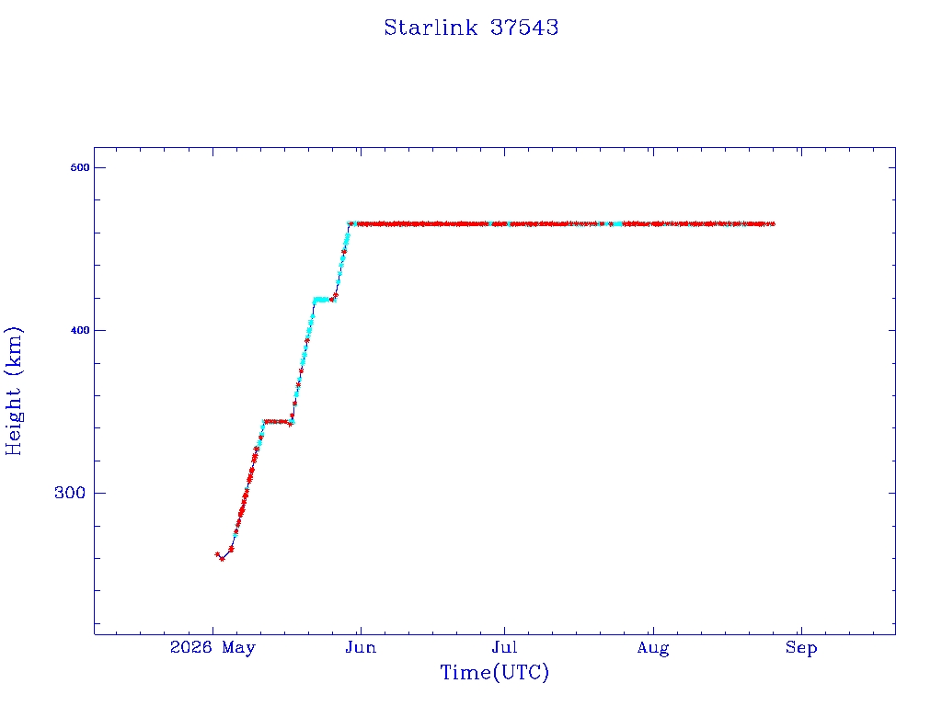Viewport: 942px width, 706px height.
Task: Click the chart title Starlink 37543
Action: tap(471, 28)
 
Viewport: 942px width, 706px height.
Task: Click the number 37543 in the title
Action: tap(523, 28)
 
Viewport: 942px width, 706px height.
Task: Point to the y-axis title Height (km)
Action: tap(13, 391)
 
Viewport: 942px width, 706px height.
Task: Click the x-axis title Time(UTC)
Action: tap(494, 672)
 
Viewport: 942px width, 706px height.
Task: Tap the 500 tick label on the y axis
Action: tap(80, 167)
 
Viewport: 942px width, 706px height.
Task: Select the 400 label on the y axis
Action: tap(80, 330)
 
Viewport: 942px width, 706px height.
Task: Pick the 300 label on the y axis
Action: tap(70, 493)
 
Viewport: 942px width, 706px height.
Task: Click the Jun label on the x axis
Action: tap(361, 648)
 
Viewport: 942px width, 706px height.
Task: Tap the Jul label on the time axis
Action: tap(504, 648)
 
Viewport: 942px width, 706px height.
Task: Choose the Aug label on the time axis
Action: tap(653, 648)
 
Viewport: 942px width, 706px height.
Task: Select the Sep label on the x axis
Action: tap(801, 648)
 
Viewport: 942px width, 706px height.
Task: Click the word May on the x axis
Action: tap(238, 648)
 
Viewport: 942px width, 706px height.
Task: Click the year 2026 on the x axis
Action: tap(191, 647)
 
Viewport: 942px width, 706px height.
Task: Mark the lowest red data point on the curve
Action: tap(223, 559)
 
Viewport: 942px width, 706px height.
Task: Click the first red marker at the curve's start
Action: tap(217, 554)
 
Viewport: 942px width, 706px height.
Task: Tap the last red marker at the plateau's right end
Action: tap(773, 224)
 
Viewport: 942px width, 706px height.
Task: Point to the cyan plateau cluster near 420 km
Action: tap(321, 300)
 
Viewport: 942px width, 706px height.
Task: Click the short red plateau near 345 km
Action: tap(277, 421)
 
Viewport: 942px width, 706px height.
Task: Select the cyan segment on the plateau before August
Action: tap(617, 224)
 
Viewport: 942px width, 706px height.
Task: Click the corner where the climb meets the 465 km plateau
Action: tap(350, 224)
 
